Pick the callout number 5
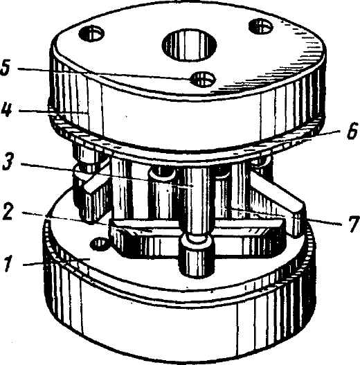[x=6, y=67]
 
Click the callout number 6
[x=352, y=132]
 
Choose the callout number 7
[x=353, y=224]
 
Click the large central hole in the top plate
[x=189, y=45]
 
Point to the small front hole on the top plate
[x=203, y=79]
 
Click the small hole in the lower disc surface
[x=100, y=244]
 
